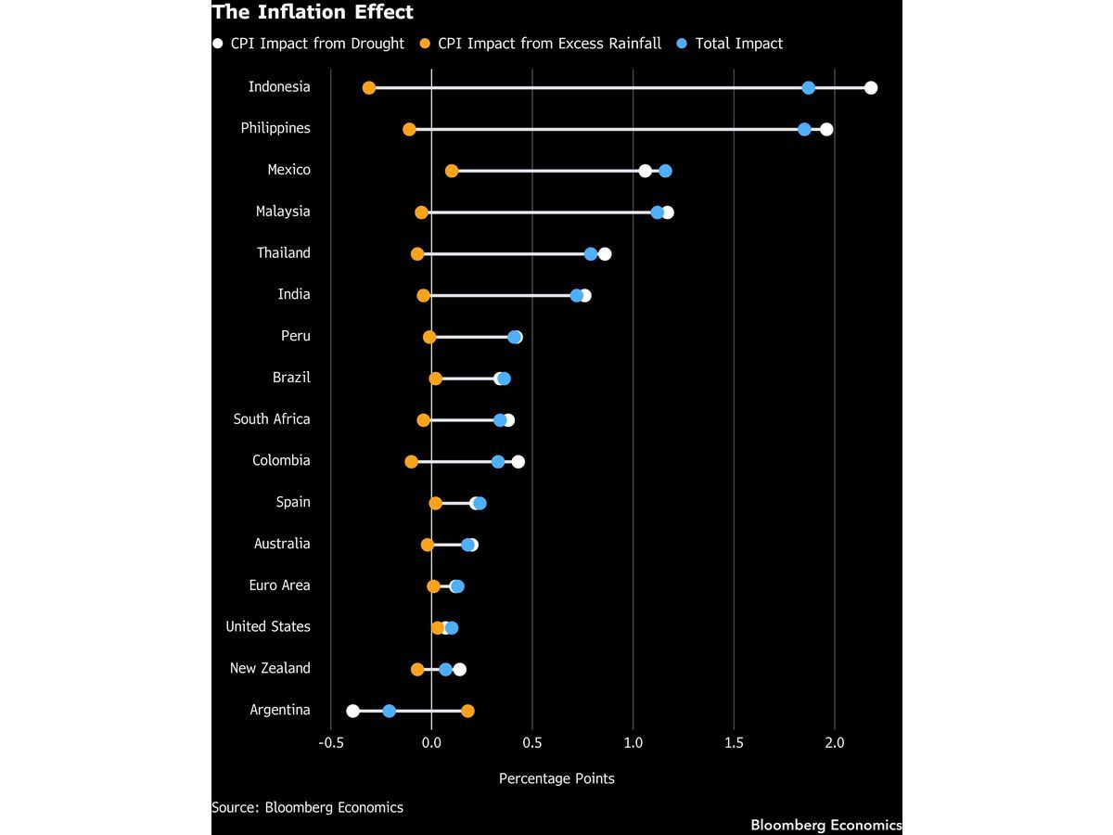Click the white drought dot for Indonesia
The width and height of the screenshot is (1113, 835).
pyautogui.click(x=871, y=88)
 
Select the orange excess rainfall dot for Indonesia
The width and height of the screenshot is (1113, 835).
pyautogui.click(x=368, y=88)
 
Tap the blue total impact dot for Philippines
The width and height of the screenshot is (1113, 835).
pyautogui.click(x=804, y=129)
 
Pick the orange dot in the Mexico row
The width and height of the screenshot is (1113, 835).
pyautogui.click(x=452, y=171)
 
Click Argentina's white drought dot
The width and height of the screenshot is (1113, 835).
pyautogui.click(x=352, y=711)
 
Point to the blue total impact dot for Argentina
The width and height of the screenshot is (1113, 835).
pyautogui.click(x=389, y=711)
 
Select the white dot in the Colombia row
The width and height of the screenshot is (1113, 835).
pyautogui.click(x=518, y=461)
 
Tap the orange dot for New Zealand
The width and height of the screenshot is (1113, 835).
pyautogui.click(x=417, y=669)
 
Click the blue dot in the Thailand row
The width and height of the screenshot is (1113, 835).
pyautogui.click(x=591, y=254)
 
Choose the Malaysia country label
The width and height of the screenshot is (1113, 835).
pyautogui.click(x=283, y=211)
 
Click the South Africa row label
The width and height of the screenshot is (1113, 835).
pyautogui.click(x=271, y=418)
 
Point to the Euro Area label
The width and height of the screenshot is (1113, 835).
pyautogui.click(x=279, y=585)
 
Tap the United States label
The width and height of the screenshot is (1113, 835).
pyautogui.click(x=268, y=626)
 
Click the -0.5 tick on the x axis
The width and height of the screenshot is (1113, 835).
pyautogui.click(x=330, y=743)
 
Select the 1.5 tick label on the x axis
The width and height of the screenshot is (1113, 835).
pyautogui.click(x=734, y=743)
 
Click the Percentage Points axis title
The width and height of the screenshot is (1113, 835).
pyautogui.click(x=556, y=778)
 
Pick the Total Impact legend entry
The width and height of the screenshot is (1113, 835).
pyautogui.click(x=730, y=44)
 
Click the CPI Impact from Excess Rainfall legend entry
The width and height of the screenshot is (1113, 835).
pyautogui.click(x=541, y=44)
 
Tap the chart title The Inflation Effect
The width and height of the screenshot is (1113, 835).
pyautogui.click(x=313, y=12)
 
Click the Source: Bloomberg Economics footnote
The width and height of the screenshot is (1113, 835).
pyautogui.click(x=307, y=807)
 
